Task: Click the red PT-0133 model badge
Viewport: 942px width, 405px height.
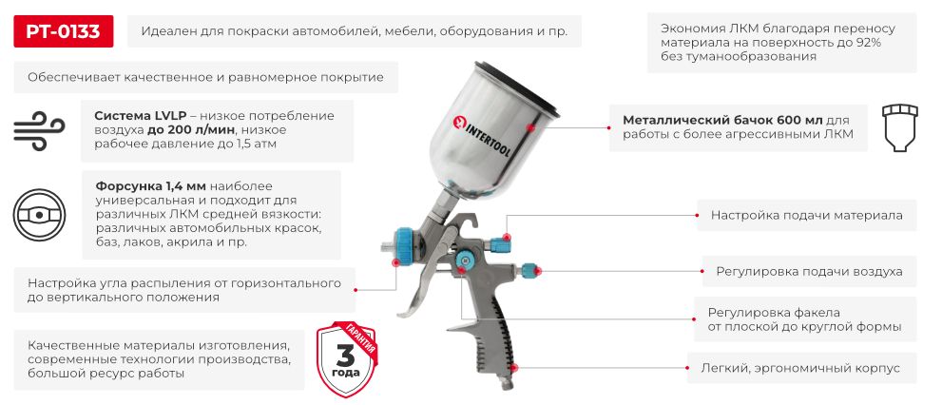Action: [63, 31]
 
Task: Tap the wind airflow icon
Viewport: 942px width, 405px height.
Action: [39, 130]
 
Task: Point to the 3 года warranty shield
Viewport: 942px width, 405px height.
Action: [347, 358]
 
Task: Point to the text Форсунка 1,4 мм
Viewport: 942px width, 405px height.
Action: [146, 186]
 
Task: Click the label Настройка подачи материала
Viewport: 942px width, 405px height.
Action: [806, 215]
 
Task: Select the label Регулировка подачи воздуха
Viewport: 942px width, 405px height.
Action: [809, 272]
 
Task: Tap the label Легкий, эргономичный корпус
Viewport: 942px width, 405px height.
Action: [800, 368]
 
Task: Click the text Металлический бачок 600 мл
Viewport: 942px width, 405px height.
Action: [722, 120]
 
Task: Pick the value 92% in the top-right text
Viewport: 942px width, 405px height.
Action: [866, 43]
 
